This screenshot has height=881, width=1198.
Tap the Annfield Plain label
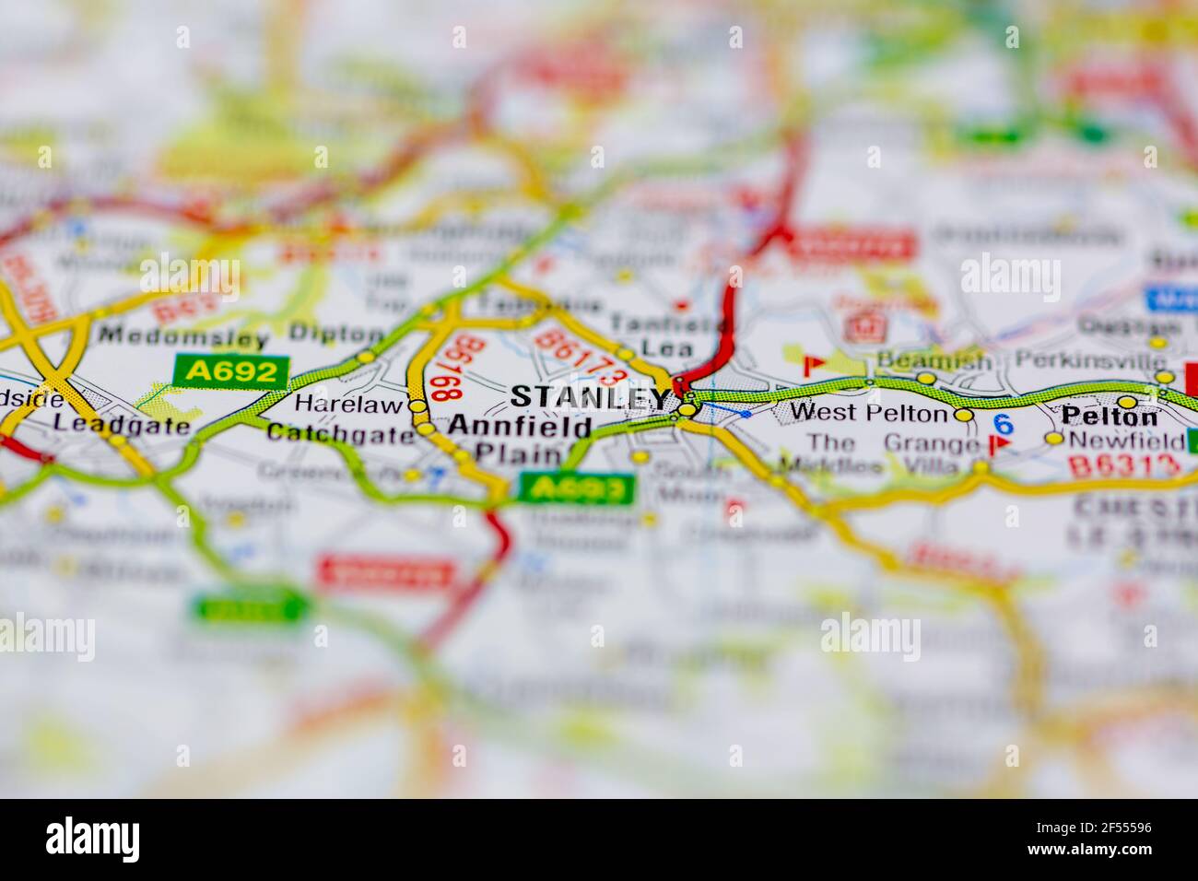(x=520, y=440)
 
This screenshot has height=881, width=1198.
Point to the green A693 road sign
(x=577, y=488)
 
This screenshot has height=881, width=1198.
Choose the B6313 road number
(x=1124, y=464)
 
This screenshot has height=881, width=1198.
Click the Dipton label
(x=336, y=334)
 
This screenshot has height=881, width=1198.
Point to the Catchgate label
(x=340, y=433)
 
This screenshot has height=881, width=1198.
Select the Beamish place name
(x=934, y=360)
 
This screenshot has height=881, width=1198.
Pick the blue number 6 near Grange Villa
(x=1004, y=424)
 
